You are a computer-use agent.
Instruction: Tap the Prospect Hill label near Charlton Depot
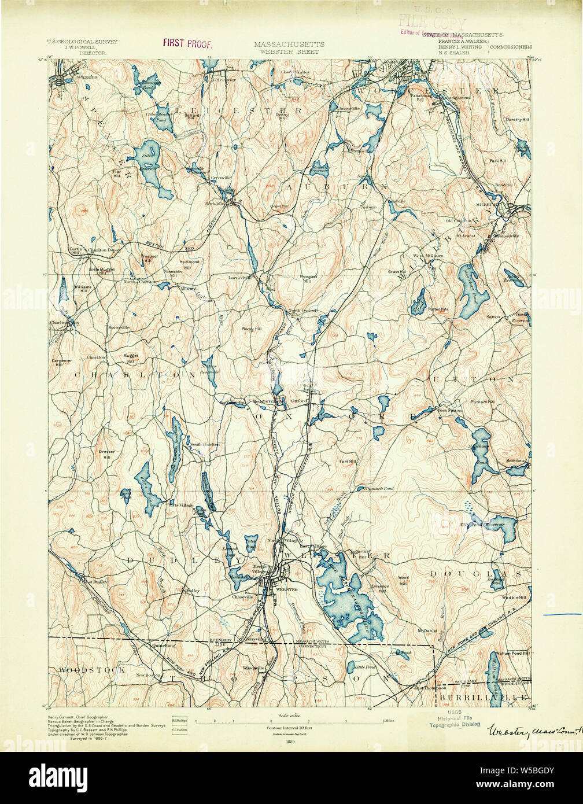pos(148,258)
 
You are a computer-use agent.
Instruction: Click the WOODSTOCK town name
pos(91,670)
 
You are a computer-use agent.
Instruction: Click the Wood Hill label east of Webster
pos(403,580)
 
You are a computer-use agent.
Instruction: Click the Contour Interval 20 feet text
pos(291,727)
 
